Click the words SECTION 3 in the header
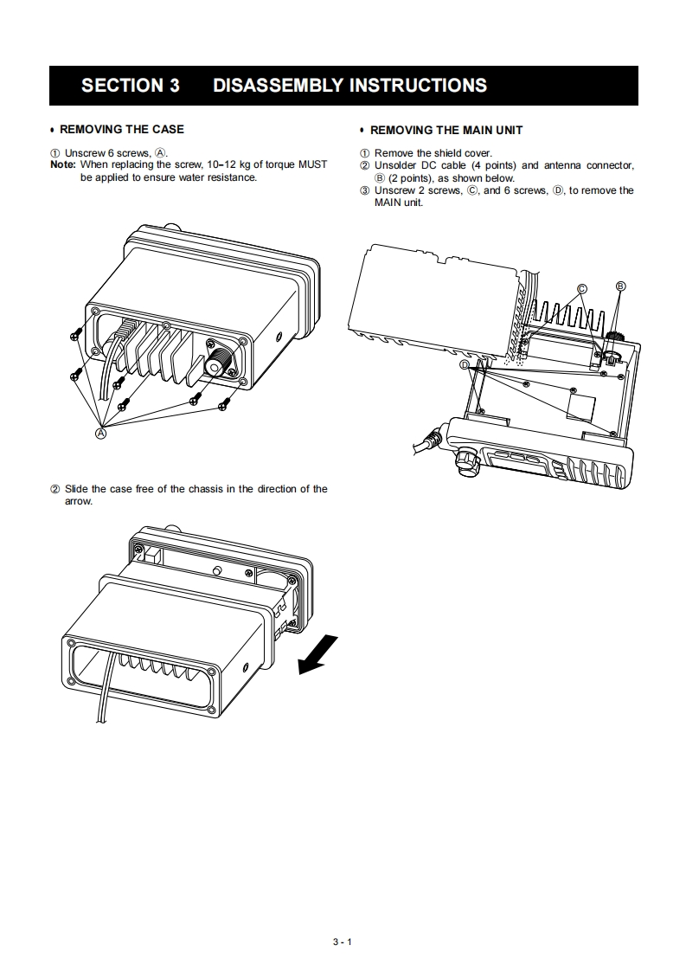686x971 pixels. pos(130,86)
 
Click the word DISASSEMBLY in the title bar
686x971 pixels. pos(276,86)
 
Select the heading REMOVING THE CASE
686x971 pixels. pos(121,129)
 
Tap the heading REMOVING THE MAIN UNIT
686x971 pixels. pos(446,130)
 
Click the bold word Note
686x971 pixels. pos(62,164)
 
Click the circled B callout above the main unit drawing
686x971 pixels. pos(620,286)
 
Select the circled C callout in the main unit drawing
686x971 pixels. pos(582,289)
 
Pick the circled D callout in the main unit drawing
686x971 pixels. pos(465,365)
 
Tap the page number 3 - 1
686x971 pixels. pos(343,941)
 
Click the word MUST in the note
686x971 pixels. pos(312,164)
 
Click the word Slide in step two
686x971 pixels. pos(77,489)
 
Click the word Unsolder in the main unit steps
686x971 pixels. pos(397,165)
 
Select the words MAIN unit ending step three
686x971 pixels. pos(398,203)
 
